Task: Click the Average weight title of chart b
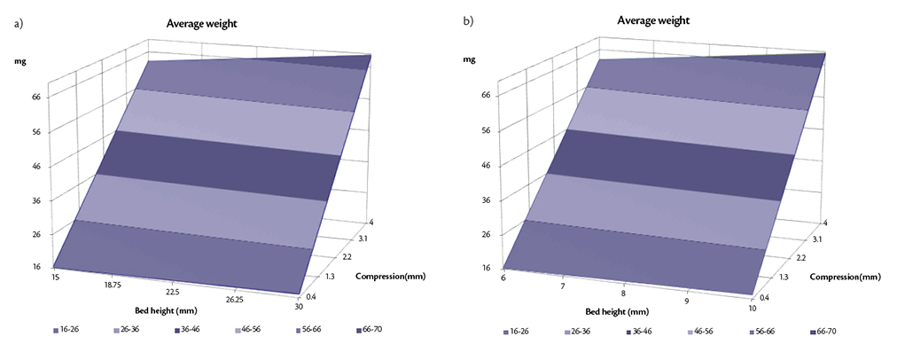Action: click(652, 20)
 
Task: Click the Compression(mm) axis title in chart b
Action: click(846, 275)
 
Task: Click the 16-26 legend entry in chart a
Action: click(66, 330)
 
